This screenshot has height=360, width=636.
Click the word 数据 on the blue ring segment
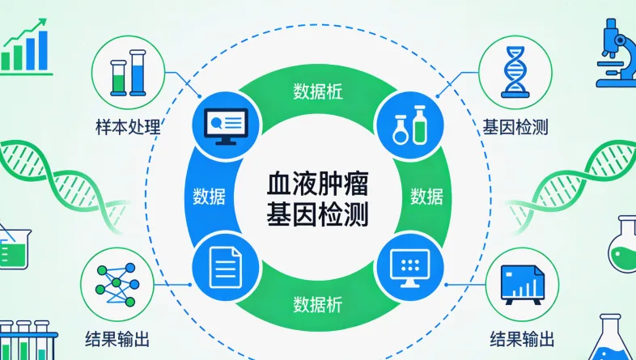tap(210, 196)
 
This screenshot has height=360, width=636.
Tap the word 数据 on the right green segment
tap(426, 196)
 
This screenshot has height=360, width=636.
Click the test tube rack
tap(29, 340)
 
